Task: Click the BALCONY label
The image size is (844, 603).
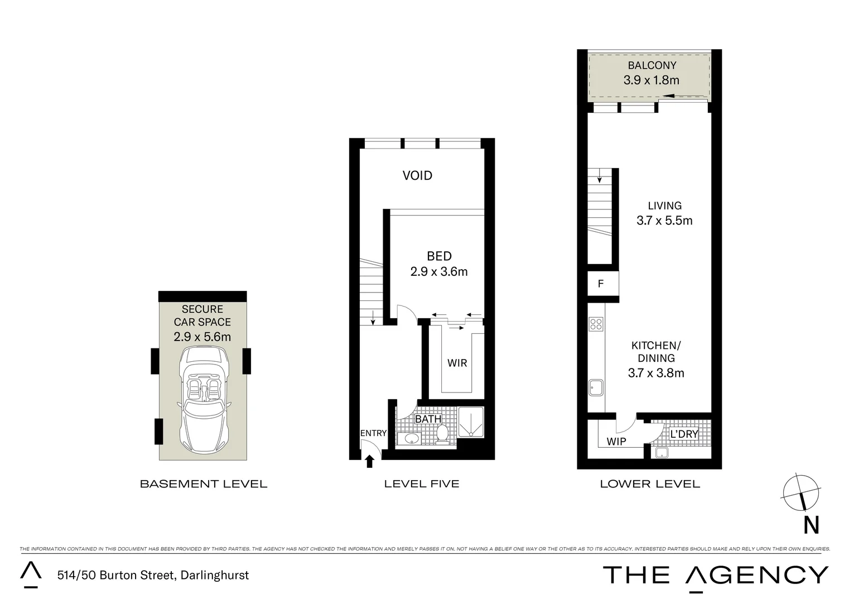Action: [x=652, y=65]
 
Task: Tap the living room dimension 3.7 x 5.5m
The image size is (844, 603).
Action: [x=664, y=221]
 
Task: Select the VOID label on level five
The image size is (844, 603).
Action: [x=417, y=175]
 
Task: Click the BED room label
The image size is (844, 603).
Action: [x=439, y=256]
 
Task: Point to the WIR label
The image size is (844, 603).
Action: [x=457, y=363]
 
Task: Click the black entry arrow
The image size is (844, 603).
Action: [x=369, y=461]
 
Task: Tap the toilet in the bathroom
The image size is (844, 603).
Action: [x=442, y=433]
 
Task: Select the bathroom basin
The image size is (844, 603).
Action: [x=412, y=438]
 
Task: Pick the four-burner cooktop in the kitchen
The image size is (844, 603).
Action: [x=596, y=324]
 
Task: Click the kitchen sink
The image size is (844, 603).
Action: [x=596, y=387]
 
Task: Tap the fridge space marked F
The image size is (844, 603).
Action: [x=601, y=284]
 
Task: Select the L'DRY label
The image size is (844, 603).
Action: [x=684, y=434]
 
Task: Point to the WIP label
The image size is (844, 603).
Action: [x=616, y=441]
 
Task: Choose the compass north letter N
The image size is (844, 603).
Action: [x=811, y=525]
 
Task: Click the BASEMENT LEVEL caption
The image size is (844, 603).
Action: [x=203, y=484]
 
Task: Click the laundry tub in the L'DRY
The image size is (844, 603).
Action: [x=662, y=452]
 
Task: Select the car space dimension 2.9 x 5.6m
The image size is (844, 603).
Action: [x=202, y=337]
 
